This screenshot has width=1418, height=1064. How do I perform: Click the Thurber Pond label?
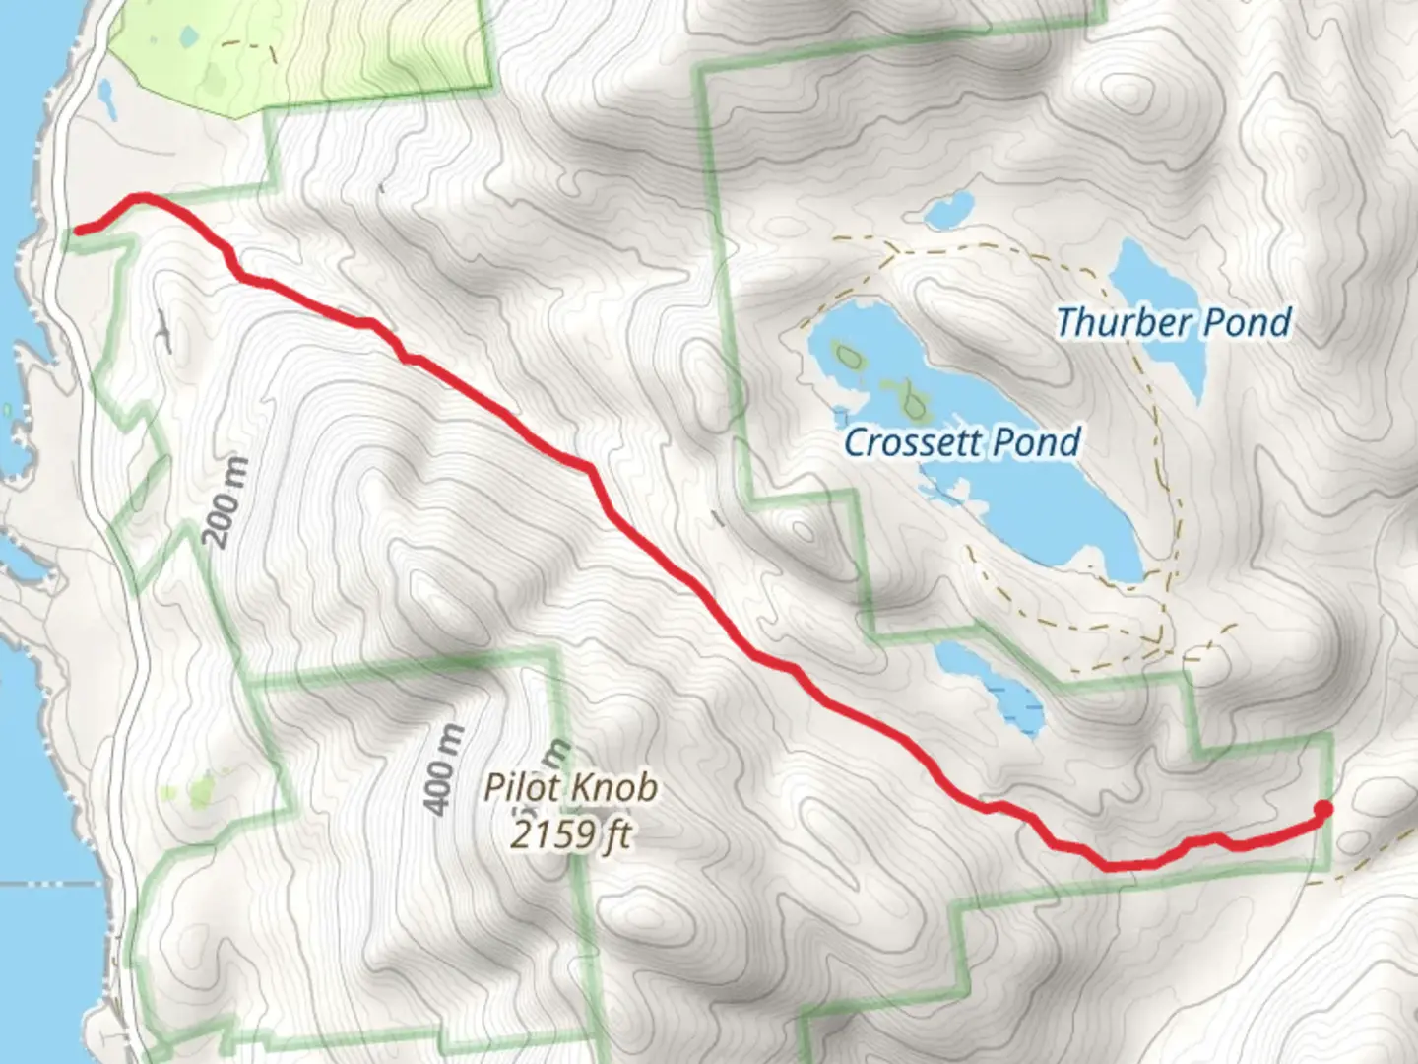tap(1173, 322)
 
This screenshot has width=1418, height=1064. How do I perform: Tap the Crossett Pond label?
tap(962, 441)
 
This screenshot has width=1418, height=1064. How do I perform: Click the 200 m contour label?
tap(226, 501)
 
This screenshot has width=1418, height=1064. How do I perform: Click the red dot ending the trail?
tap(1323, 810)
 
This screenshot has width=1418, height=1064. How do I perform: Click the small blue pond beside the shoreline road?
tap(104, 97)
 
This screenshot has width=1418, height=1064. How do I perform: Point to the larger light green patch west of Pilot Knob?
tap(201, 790)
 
